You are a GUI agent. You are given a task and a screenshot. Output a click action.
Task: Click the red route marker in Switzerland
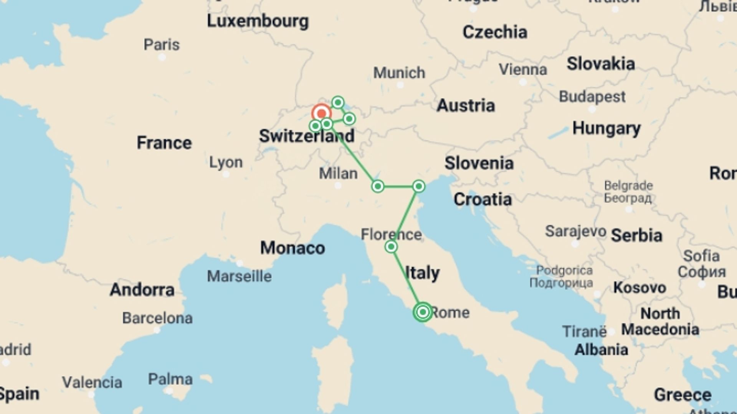pyautogui.click(x=321, y=113)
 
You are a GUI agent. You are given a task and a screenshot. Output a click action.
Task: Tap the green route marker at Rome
pyautogui.click(x=423, y=312)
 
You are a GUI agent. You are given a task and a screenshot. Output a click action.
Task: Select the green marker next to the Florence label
pyautogui.click(x=391, y=246)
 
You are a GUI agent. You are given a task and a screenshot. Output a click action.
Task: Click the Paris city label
pyautogui.click(x=162, y=45)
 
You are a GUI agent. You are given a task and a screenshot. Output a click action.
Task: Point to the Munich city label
pyautogui.click(x=399, y=72)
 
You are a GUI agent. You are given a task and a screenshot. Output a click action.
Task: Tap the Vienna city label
pyautogui.click(x=523, y=69)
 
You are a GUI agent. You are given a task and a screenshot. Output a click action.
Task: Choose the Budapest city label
pyautogui.click(x=592, y=97)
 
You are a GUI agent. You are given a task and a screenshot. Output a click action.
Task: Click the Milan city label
pyautogui.click(x=338, y=174)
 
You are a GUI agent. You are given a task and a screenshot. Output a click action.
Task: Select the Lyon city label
pyautogui.click(x=226, y=162)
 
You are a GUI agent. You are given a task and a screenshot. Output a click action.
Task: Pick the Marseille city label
pyautogui.click(x=239, y=276)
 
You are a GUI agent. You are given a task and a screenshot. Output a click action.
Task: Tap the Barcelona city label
pyautogui.click(x=157, y=318)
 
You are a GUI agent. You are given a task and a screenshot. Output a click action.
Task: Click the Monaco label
pyautogui.click(x=292, y=248)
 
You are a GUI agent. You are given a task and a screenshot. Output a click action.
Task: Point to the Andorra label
pyautogui.click(x=142, y=290)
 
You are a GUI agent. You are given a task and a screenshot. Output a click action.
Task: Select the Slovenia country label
pyautogui.click(x=479, y=163)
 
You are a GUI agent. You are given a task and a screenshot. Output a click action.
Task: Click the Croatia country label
pyautogui.click(x=483, y=199)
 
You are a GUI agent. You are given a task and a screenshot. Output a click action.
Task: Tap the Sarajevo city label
pyautogui.click(x=575, y=231)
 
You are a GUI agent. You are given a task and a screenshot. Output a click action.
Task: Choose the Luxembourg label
pyautogui.click(x=258, y=21)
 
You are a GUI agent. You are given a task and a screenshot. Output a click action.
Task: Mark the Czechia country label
pyautogui.click(x=494, y=32)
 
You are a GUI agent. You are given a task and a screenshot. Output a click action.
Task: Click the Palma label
pyautogui.click(x=170, y=379)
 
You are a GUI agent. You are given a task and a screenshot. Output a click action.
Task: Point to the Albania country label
pyautogui.click(x=601, y=350)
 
